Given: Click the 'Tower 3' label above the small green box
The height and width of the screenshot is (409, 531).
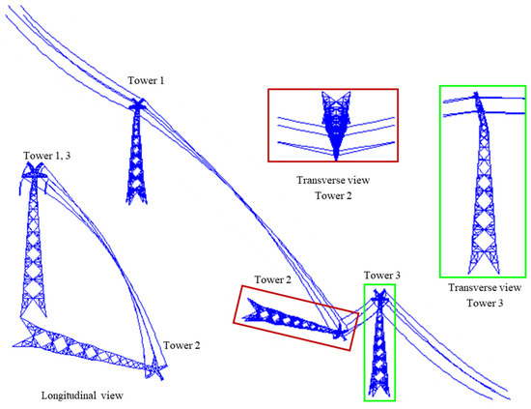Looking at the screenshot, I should click(x=385, y=276).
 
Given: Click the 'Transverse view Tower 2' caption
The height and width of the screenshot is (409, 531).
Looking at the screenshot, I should click(x=332, y=187).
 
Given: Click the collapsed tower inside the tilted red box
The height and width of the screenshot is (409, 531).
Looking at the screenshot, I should click(x=290, y=314).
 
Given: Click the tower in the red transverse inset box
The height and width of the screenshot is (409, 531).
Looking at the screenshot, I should click(x=334, y=126).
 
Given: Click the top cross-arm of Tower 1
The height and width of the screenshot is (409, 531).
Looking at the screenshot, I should click(x=137, y=103).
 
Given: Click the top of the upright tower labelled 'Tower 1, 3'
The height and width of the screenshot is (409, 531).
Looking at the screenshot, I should click(x=34, y=170).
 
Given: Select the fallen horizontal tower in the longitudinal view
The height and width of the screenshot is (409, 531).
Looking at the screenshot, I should click(x=82, y=343).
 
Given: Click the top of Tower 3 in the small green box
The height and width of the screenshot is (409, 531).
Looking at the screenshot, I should click(x=380, y=293).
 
